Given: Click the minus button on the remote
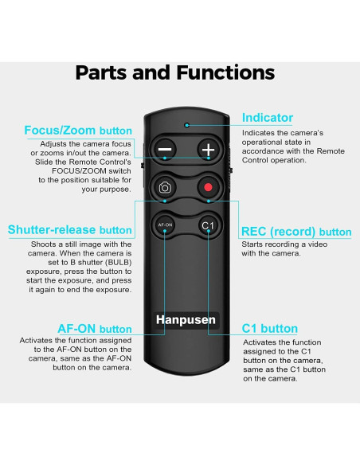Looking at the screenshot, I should pyautogui.click(x=165, y=149).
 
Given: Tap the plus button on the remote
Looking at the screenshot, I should pyautogui.click(x=209, y=149).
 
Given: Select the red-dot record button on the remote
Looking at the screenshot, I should pyautogui.click(x=209, y=188).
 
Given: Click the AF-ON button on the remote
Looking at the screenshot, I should pyautogui.click(x=165, y=226).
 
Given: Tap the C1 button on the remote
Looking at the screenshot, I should pyautogui.click(x=209, y=226).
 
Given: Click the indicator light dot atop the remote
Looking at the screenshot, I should pyautogui.click(x=186, y=125).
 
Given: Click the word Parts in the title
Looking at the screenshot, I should pyautogui.click(x=108, y=73).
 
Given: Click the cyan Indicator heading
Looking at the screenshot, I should pyautogui.click(x=268, y=118).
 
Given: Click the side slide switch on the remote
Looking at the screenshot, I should pyautogui.click(x=142, y=168).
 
